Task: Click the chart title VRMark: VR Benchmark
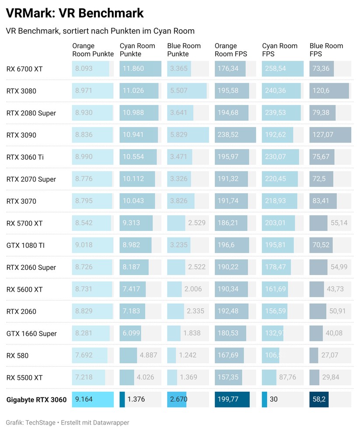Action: coord(74,13)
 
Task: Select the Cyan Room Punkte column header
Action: coord(137,50)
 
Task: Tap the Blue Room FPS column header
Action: coord(326,50)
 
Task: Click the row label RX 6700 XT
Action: coord(24,69)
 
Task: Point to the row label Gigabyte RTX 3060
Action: coord(36,400)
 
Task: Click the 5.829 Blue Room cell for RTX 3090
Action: coord(179,135)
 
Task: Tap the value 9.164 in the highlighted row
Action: coord(84,400)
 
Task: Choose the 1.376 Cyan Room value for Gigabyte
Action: coord(136,400)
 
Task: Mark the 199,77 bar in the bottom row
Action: coord(232,400)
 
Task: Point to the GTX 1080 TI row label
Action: coord(25,245)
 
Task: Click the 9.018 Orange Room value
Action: coord(84,245)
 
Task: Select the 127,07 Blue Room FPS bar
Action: coord(330,135)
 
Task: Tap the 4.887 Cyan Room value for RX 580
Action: coord(148,355)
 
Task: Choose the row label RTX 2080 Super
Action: coord(31,113)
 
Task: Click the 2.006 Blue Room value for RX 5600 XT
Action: coord(192,289)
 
